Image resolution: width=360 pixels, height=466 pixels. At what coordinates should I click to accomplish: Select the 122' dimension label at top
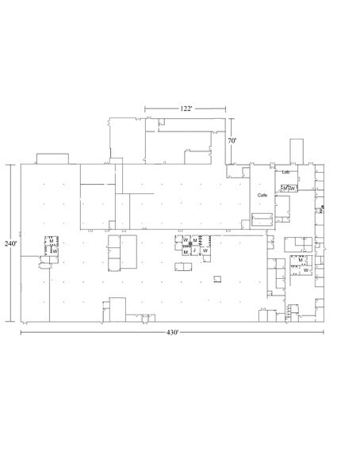tap(186, 107)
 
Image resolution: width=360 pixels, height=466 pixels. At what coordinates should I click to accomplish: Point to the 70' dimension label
tap(232, 140)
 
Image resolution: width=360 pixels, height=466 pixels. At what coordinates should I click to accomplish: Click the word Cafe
tap(261, 194)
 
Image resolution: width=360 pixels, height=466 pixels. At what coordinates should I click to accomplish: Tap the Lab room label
tap(285, 172)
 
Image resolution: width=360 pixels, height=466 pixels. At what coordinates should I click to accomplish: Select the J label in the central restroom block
tap(194, 250)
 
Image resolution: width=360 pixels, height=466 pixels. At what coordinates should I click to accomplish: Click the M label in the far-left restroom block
tap(51, 243)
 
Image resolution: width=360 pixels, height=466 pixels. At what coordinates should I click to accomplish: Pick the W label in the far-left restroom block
tap(54, 251)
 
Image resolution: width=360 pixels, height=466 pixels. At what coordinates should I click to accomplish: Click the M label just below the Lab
tap(284, 188)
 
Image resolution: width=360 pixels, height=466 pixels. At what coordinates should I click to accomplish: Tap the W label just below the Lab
tap(293, 188)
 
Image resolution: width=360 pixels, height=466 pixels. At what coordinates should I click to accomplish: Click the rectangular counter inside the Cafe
tap(262, 219)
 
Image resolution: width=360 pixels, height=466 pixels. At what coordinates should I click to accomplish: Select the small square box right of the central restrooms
tap(217, 277)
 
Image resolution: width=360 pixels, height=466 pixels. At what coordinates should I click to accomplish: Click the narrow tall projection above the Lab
tap(297, 151)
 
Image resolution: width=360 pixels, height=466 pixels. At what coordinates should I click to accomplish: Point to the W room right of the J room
tap(205, 250)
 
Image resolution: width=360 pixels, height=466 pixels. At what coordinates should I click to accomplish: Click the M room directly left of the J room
tap(186, 251)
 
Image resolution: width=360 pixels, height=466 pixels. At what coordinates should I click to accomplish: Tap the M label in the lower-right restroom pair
tap(301, 260)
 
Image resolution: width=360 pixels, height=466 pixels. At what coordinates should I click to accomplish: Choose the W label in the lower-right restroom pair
tap(305, 269)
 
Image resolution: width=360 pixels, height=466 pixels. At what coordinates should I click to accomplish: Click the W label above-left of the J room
tap(185, 239)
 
